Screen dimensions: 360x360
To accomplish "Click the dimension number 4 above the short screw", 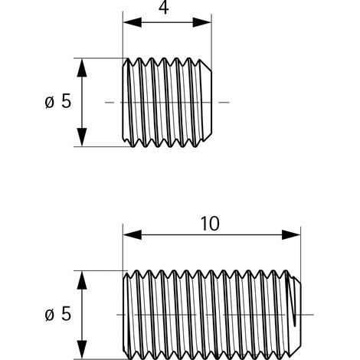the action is click(x=164, y=8).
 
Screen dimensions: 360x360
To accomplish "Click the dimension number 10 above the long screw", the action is click(x=210, y=224).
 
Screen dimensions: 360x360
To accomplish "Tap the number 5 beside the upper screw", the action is click(x=66, y=101).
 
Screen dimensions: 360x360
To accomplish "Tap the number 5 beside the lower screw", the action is click(x=66, y=314).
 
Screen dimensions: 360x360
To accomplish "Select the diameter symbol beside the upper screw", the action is click(x=50, y=102).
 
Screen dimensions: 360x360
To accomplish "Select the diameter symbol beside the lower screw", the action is click(x=50, y=315).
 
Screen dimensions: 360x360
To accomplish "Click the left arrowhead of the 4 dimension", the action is click(x=133, y=22).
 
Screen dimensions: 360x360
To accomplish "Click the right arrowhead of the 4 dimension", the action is click(x=202, y=22).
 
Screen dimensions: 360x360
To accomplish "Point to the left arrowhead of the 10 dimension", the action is click(x=133, y=234).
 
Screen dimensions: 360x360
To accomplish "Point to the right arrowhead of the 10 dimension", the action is click(x=291, y=234).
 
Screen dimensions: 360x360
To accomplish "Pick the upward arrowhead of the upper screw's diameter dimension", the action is click(x=82, y=67).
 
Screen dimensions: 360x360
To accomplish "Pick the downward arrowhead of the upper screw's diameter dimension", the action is click(x=82, y=137).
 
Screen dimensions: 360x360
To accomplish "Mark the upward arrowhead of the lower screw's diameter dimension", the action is click(x=82, y=280).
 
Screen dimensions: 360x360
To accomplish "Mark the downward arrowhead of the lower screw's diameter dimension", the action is click(x=82, y=349).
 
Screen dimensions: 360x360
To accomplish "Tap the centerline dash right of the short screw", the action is click(x=224, y=103).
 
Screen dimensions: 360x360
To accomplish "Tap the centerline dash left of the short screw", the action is click(x=110, y=103).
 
